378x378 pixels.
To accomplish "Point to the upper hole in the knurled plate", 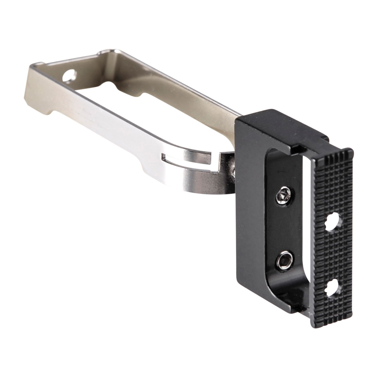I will point(333,222).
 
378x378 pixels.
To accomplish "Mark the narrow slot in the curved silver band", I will point(189,160).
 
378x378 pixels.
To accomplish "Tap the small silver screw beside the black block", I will point(233,170).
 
